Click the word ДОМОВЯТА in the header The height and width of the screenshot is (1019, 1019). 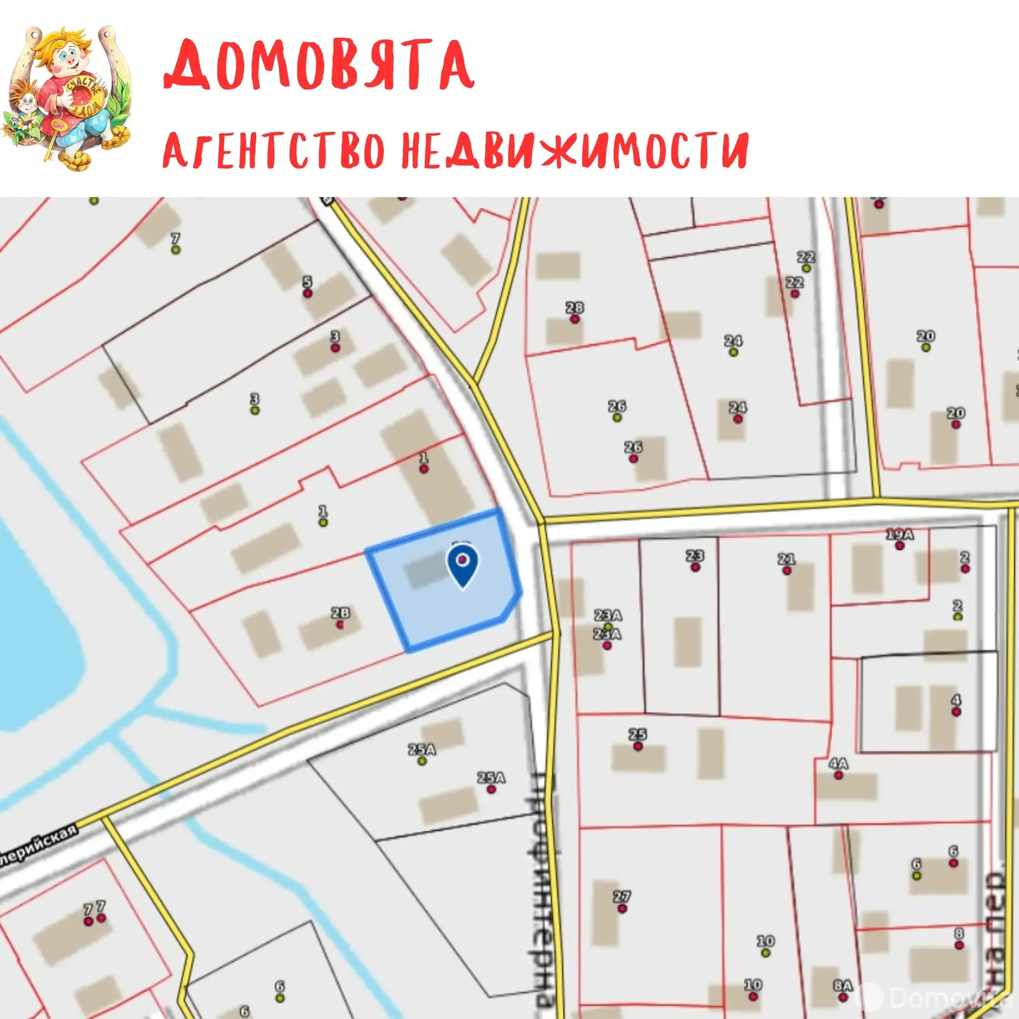318,65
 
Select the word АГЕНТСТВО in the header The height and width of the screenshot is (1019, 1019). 273,150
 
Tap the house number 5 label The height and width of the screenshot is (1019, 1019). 308,283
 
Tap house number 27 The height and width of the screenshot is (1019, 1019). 622,897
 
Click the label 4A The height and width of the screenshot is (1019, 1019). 838,764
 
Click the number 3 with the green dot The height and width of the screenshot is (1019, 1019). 255,401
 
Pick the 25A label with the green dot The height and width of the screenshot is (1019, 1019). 422,750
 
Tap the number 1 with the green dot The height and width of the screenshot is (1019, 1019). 323,512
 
